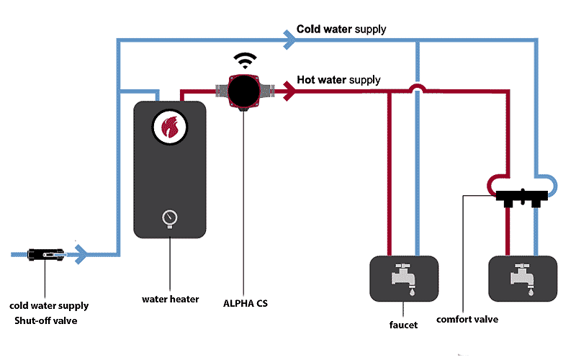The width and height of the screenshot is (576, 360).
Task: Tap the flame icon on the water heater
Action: coord(170,128)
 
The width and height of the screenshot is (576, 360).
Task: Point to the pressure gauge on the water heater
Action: coord(170,217)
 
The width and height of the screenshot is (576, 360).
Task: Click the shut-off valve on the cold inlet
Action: coord(45,254)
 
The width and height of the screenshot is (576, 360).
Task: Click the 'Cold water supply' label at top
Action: coord(341,30)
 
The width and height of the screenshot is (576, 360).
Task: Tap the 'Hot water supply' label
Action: coord(338,79)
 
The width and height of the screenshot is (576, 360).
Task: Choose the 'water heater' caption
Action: coord(170,299)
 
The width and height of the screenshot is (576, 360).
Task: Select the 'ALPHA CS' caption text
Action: coord(246,303)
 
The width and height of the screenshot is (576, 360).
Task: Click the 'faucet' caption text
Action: coord(403,325)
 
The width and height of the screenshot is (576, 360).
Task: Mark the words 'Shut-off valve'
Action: coord(45,320)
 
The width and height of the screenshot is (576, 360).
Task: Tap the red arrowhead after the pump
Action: coord(289,91)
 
